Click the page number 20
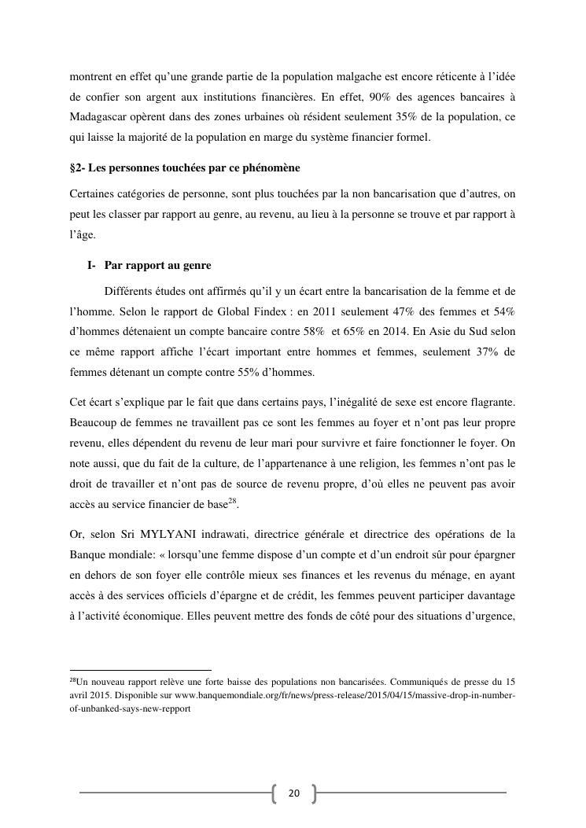coord(293,793)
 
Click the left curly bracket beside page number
coord(275,793)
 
